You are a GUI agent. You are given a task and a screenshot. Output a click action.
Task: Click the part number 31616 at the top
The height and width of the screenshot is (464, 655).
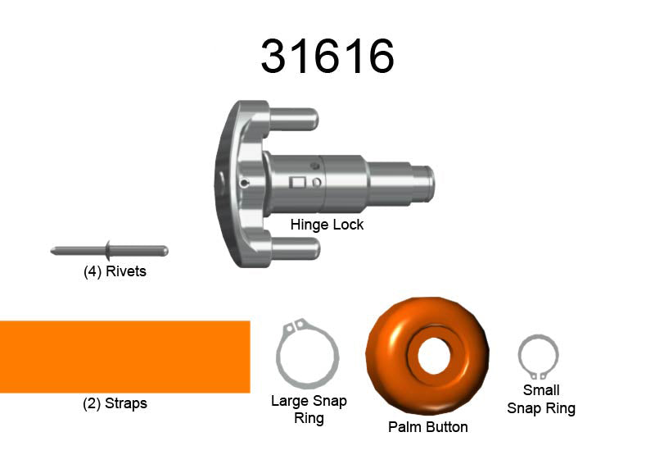point(327,56)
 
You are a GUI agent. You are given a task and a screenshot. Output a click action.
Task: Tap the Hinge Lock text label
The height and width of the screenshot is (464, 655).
point(327,224)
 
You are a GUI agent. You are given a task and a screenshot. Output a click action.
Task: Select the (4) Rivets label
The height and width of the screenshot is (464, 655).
point(115,271)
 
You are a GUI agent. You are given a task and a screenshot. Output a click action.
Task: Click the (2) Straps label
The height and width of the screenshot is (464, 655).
point(115,403)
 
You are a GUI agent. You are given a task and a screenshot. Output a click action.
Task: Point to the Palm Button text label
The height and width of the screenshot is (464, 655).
point(428,427)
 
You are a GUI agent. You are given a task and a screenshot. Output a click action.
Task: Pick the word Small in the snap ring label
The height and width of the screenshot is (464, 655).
point(541,390)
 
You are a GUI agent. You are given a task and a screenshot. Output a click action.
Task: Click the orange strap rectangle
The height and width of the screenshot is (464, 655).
point(124,357)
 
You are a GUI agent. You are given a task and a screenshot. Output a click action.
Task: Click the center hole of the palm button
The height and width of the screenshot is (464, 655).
point(430,355)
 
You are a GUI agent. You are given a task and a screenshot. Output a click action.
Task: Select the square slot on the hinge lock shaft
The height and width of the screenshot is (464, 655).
point(299,183)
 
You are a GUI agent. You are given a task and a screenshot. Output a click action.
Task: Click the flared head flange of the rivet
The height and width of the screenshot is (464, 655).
point(107,248)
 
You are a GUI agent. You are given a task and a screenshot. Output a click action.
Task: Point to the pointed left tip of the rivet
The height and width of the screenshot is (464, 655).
point(53,250)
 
